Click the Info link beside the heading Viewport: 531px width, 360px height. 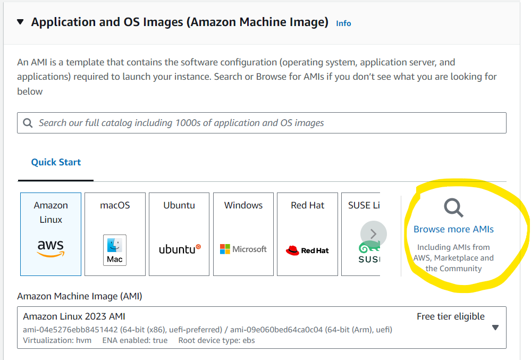click(x=343, y=23)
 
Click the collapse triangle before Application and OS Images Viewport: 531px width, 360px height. click(x=20, y=22)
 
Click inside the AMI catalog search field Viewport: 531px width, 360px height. click(x=266, y=123)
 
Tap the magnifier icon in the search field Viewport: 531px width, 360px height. click(x=28, y=123)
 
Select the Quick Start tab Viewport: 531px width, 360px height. click(x=56, y=162)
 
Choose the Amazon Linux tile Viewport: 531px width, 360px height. click(x=50, y=234)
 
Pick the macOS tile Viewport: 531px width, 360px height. click(x=115, y=234)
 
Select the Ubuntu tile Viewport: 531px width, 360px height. click(x=179, y=234)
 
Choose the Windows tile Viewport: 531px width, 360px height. click(x=243, y=234)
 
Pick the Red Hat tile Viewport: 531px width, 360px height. click(x=307, y=234)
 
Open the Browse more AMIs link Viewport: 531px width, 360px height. click(x=453, y=229)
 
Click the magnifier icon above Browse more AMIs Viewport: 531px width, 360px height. click(x=453, y=208)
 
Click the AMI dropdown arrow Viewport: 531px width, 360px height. click(x=495, y=328)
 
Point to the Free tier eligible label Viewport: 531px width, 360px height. click(x=450, y=316)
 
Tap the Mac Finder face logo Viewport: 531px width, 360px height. click(x=114, y=245)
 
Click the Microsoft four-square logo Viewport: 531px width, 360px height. click(x=225, y=249)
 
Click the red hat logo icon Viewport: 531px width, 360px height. click(x=292, y=250)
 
